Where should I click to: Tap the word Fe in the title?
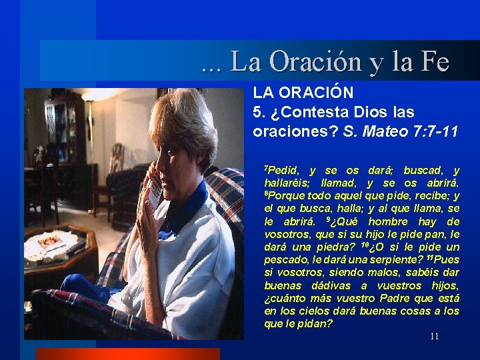(434, 63)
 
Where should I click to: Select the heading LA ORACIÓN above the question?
(303, 92)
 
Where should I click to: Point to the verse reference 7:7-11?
(435, 131)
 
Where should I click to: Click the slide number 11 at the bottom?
(434, 336)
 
